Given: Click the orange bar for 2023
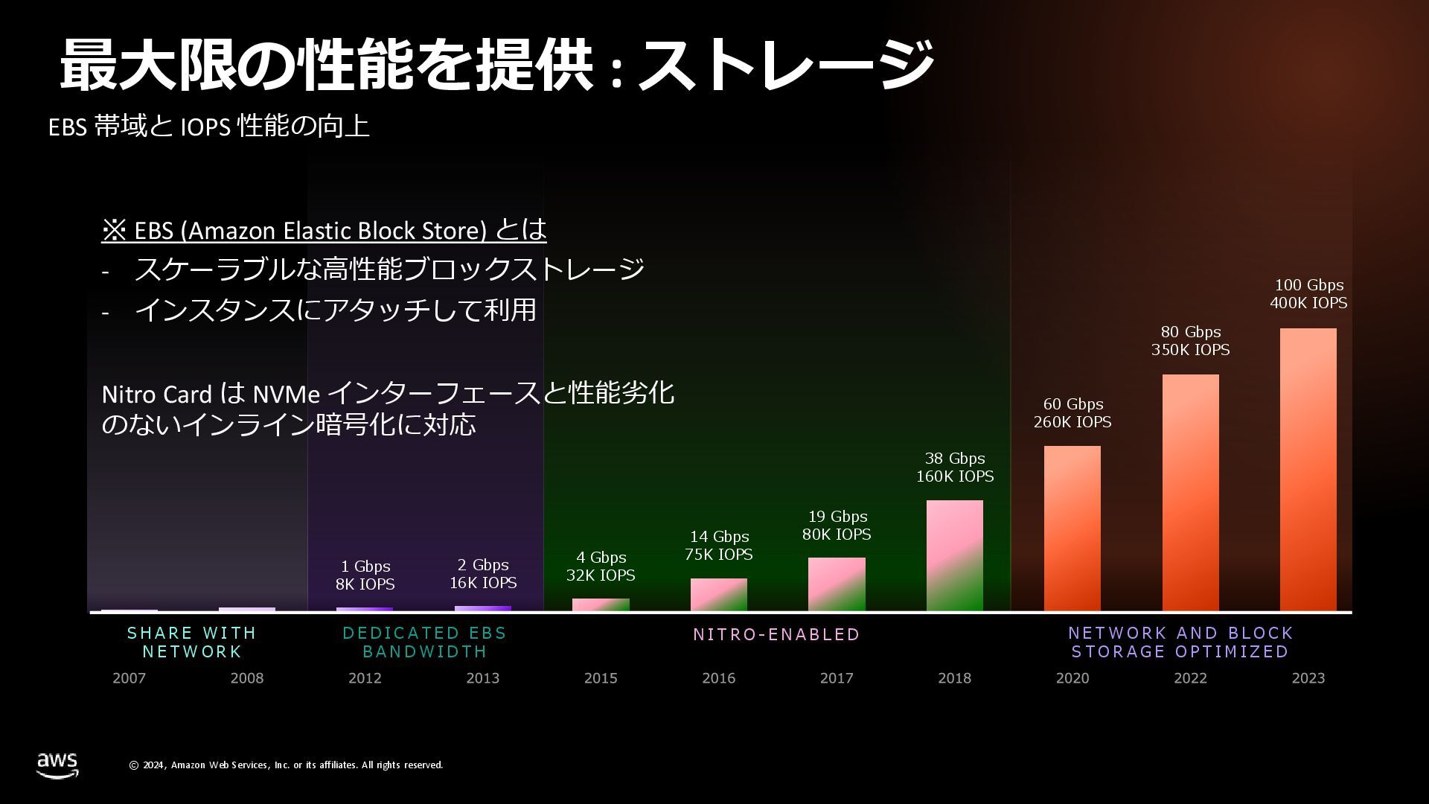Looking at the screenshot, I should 1308,469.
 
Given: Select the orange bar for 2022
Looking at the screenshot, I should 1190,492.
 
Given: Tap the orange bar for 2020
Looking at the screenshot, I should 1072,528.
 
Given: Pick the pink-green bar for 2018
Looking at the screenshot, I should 954,555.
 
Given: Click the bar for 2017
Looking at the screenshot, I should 837,584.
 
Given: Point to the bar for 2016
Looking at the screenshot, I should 718,594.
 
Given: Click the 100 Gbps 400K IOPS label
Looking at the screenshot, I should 1308,294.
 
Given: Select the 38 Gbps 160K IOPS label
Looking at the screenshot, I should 954,468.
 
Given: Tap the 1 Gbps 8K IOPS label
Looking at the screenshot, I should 365,575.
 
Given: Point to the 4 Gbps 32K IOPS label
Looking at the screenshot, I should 601,567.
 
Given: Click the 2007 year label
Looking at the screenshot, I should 129,678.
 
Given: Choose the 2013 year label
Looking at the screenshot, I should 482,678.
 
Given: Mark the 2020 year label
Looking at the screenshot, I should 1072,678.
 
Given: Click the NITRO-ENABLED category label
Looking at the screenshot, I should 776,634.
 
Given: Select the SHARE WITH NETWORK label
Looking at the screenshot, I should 192,642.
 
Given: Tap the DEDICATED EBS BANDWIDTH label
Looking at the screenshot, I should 424,642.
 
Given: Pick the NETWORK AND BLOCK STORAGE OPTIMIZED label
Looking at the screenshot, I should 1180,642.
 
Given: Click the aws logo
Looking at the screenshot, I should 57,765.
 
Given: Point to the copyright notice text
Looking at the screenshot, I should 286,765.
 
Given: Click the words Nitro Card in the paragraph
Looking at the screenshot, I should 156,394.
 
